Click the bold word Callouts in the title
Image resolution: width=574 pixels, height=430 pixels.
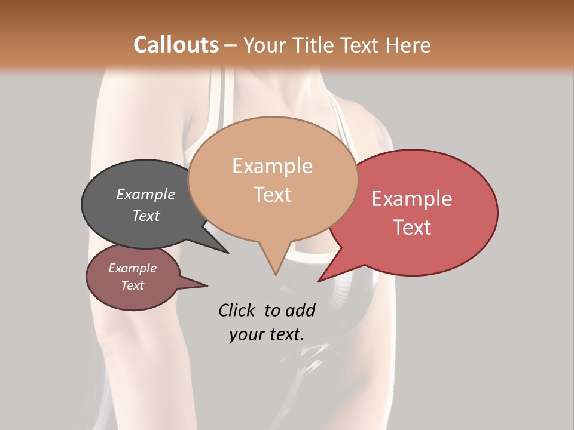176,45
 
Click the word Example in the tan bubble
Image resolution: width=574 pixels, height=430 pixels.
272,166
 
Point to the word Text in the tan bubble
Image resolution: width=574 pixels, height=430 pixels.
273,194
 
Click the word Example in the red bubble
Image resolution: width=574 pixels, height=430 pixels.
412,199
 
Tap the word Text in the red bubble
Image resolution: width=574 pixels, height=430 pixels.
413,228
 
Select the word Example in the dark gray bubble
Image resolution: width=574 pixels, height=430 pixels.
146,194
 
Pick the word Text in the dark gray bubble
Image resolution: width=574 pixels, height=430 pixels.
146,216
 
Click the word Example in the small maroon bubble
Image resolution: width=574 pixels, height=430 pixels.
132,268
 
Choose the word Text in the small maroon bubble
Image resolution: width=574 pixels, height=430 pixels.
132,285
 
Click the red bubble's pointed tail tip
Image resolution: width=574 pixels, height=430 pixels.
319,281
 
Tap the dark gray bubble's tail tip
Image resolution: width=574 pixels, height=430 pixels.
228,253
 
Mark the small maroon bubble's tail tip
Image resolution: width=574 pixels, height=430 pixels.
207,286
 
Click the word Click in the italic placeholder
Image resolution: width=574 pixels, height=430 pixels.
237,310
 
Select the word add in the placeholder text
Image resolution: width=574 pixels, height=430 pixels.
300,310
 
